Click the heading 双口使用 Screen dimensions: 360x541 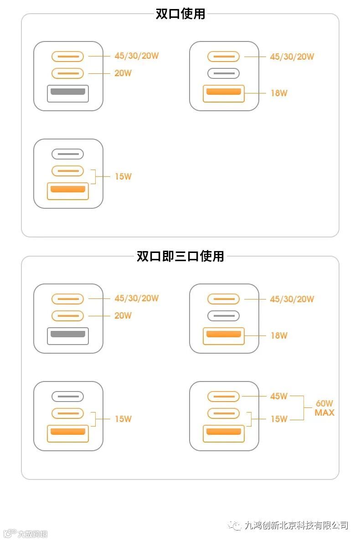click(180, 14)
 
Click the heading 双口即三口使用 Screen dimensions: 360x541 click(180, 256)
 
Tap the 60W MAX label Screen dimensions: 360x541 click(324, 408)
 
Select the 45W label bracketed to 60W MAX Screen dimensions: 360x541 click(278, 396)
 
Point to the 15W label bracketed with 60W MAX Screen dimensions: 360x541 click(278, 419)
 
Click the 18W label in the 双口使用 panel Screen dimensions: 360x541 click(278, 93)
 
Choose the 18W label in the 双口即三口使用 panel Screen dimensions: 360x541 click(278, 336)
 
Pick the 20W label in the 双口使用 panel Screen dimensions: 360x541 click(123, 73)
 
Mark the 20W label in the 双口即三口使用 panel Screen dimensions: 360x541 click(123, 315)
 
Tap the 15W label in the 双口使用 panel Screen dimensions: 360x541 click(123, 176)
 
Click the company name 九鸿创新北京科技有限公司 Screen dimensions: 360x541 click(296, 525)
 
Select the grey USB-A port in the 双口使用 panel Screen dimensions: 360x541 click(68, 93)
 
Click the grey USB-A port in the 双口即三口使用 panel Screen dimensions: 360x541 click(68, 335)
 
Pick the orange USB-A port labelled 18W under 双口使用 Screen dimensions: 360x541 click(223, 93)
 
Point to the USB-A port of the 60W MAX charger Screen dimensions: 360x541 click(223, 433)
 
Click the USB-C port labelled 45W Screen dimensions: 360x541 click(223, 397)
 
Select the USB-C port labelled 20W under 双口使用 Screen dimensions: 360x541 click(67, 73)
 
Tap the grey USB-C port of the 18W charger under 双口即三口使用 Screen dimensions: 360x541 click(223, 315)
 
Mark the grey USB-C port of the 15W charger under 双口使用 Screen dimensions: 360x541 click(67, 154)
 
